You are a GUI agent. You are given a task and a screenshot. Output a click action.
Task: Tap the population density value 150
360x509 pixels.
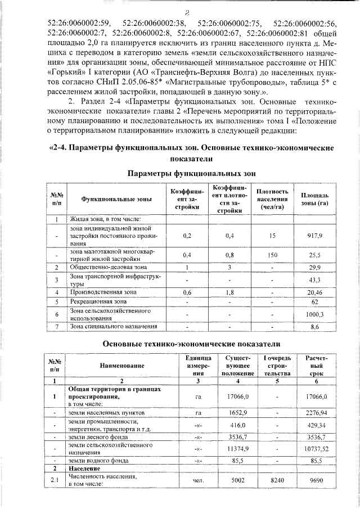click(273, 255)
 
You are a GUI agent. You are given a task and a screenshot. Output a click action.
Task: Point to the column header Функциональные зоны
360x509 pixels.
click(116, 199)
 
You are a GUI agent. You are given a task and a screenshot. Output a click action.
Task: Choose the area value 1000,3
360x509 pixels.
click(315, 314)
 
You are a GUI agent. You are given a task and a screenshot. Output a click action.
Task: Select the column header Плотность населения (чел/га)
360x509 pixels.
click(273, 199)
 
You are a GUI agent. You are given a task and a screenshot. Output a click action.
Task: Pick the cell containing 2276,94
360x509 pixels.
click(315, 413)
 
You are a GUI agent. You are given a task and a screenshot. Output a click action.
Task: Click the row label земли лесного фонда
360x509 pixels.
click(100, 436)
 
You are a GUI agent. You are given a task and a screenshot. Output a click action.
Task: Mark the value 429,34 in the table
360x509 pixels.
click(315, 425)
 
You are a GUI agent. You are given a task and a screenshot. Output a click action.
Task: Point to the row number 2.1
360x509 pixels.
click(55, 480)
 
